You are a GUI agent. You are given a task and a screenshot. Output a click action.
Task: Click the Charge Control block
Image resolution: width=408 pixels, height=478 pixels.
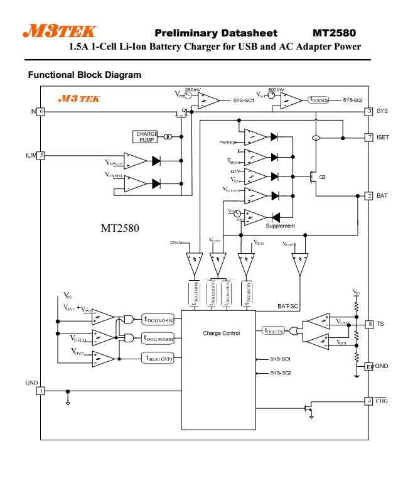tap(221, 333)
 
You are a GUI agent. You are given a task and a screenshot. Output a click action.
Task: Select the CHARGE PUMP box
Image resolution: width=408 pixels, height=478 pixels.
tap(147, 136)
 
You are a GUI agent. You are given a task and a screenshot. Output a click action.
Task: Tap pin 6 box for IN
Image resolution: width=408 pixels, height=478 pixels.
tap(41, 111)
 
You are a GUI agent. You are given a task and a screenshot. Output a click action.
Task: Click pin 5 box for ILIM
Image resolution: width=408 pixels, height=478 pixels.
tap(41, 155)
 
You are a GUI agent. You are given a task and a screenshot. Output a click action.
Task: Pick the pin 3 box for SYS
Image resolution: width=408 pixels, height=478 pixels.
tap(370, 111)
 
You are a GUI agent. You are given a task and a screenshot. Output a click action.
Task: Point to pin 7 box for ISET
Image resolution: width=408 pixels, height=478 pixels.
tap(370, 136)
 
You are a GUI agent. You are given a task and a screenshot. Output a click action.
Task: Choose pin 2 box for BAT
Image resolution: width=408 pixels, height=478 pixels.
tap(370, 196)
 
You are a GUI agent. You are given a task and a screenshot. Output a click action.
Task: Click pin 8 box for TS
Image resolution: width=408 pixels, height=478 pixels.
tap(370, 324)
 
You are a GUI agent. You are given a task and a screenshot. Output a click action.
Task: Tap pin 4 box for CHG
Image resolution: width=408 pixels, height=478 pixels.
tap(370, 400)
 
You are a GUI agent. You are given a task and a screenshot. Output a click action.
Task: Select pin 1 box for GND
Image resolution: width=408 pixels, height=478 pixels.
tap(41, 391)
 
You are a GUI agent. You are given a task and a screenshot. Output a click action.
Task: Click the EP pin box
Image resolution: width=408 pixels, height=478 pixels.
tap(370, 366)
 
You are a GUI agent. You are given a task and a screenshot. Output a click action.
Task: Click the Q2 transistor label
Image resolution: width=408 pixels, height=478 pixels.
tap(322, 177)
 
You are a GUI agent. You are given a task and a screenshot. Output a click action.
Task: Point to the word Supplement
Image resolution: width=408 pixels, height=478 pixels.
tap(280, 225)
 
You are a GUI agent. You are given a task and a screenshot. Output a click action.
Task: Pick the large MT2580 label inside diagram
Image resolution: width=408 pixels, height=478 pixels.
tap(120, 227)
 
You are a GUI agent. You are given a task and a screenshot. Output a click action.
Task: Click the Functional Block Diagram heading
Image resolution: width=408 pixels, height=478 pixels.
tap(85, 75)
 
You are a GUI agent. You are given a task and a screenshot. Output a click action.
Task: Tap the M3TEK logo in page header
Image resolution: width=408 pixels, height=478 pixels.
tap(60, 31)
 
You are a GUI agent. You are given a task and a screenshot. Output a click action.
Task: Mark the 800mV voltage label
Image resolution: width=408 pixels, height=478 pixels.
tap(276, 90)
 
